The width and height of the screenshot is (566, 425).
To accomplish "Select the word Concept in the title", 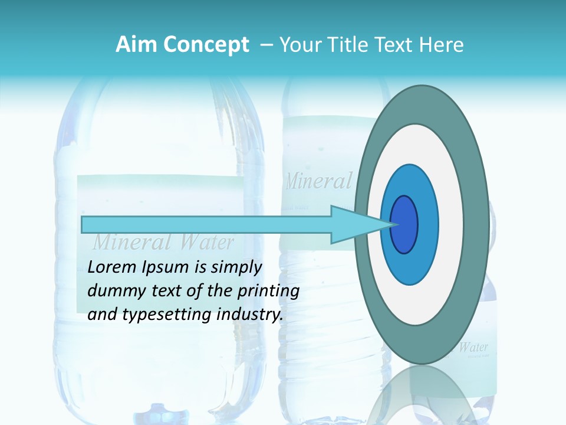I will (x=206, y=45).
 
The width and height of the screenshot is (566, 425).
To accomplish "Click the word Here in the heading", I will (x=442, y=45).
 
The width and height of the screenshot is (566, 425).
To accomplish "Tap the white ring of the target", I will (x=451, y=224).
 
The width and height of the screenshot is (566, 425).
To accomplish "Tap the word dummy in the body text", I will (x=113, y=292).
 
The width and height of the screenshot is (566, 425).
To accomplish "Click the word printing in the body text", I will (x=268, y=292).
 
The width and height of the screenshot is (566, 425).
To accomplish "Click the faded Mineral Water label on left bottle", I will (x=163, y=242).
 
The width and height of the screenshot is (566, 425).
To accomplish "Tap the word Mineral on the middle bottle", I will (x=318, y=181).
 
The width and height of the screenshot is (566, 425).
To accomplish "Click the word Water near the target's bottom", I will (x=473, y=347).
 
